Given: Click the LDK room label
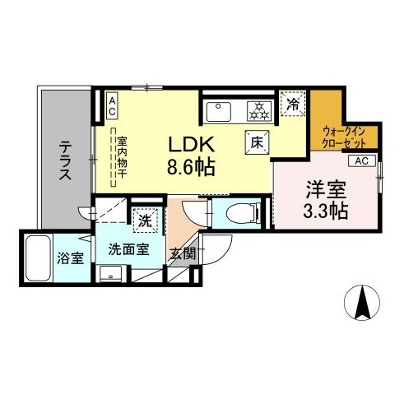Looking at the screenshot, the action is [191, 145].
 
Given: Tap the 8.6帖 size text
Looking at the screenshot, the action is [191, 166].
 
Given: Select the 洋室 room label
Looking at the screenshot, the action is [326, 190].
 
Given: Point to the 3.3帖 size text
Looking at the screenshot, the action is [326, 211].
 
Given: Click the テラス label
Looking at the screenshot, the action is [65, 160].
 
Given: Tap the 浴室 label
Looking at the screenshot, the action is [71, 258].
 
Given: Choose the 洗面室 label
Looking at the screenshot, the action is [129, 249].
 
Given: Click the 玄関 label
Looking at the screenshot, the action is [183, 253].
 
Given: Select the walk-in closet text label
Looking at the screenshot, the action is [344, 137].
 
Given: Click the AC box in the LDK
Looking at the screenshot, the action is [112, 105].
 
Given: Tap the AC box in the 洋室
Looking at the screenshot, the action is [362, 160].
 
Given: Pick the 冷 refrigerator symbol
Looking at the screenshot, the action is [293, 104].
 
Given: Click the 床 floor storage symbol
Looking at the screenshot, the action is [257, 142].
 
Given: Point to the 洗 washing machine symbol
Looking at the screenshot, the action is [145, 221].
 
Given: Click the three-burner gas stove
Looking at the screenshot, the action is [259, 111].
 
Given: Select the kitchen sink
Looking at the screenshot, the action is [219, 112].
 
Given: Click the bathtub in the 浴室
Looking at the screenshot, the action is [38, 258].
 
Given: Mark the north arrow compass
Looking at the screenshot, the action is [362, 302].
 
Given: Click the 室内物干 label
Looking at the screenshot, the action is [122, 157].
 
